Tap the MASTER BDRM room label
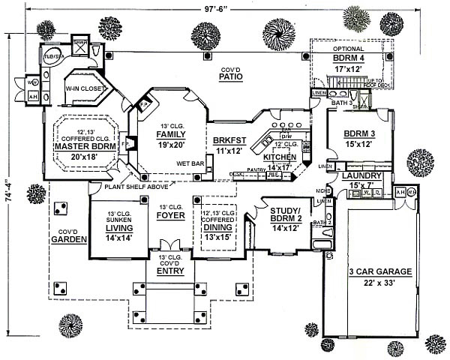point(85,147)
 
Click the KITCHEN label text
point(280,157)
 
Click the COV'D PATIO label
point(229,75)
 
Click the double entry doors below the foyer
point(171,244)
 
